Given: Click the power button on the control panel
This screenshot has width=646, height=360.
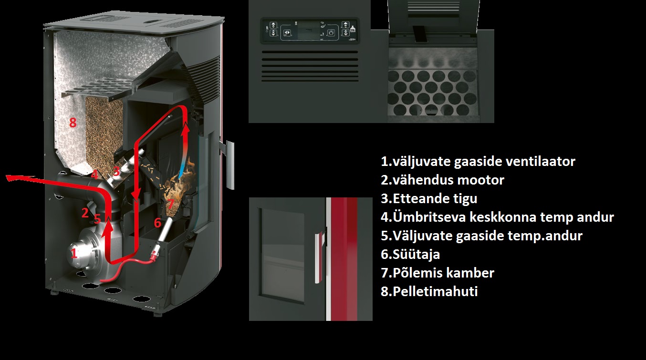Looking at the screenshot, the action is (331, 32).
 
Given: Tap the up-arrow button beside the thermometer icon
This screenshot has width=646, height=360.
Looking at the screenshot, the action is (273, 25).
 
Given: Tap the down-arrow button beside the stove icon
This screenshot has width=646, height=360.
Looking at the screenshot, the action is (345, 32).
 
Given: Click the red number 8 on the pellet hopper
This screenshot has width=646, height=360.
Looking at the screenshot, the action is (73, 123).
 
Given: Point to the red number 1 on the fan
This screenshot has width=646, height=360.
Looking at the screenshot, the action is (74, 253).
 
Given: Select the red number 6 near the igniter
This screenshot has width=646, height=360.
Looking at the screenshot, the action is (157, 223).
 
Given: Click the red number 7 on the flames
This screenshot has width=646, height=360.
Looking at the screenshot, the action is (171, 204).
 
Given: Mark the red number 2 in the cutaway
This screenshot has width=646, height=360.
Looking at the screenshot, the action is (85, 213).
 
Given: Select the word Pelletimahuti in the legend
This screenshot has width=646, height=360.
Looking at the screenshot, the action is (435, 291).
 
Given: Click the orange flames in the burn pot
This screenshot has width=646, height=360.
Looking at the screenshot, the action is (180, 182).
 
